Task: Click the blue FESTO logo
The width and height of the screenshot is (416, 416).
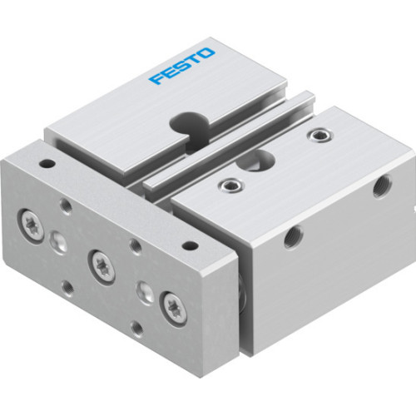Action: click(x=181, y=67)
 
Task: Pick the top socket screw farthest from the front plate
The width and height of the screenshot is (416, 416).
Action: click(x=315, y=133)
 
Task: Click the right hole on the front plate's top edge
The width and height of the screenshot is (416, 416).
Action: click(x=190, y=246)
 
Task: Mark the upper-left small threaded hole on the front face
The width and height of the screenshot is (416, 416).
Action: click(x=66, y=204)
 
